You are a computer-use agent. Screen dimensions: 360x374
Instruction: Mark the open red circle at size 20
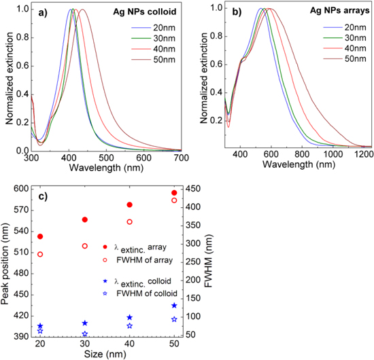tap(40, 254)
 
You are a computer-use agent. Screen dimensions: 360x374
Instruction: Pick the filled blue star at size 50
tap(174, 306)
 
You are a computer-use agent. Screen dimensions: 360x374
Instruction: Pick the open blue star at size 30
tap(85, 334)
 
